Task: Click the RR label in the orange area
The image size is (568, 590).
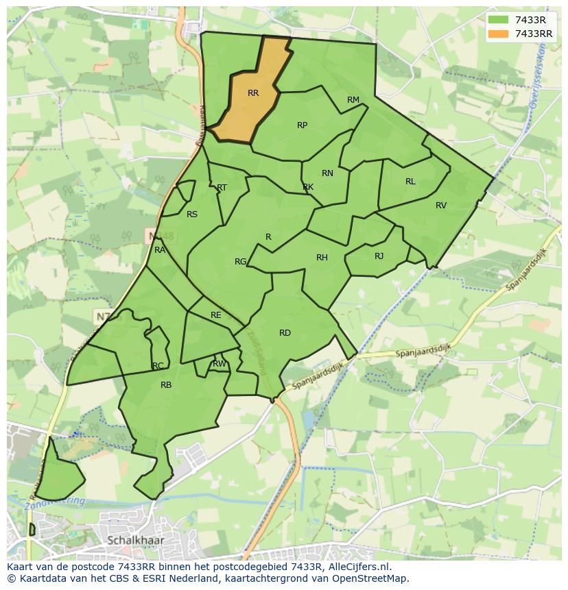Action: coord(253,93)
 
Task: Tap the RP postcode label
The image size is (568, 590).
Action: coord(302,125)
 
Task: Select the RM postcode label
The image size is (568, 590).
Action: coord(353,100)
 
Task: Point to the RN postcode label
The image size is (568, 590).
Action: coord(327,173)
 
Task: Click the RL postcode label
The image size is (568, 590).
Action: coord(410,182)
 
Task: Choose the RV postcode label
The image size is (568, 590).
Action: coord(441,206)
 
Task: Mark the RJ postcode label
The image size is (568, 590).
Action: coord(379,256)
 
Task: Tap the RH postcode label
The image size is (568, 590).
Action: coord(322,258)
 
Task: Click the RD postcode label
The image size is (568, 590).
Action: coord(285,333)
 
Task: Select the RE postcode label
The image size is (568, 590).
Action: coord(216,315)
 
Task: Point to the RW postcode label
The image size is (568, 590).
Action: coord(220,364)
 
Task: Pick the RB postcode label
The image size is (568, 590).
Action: coord(166,385)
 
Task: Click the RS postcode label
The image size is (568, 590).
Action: coord(192,214)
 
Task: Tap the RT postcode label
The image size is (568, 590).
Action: coord(222,188)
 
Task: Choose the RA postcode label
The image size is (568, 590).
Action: coord(160,250)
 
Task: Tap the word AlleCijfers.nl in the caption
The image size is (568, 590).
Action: coord(357,567)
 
